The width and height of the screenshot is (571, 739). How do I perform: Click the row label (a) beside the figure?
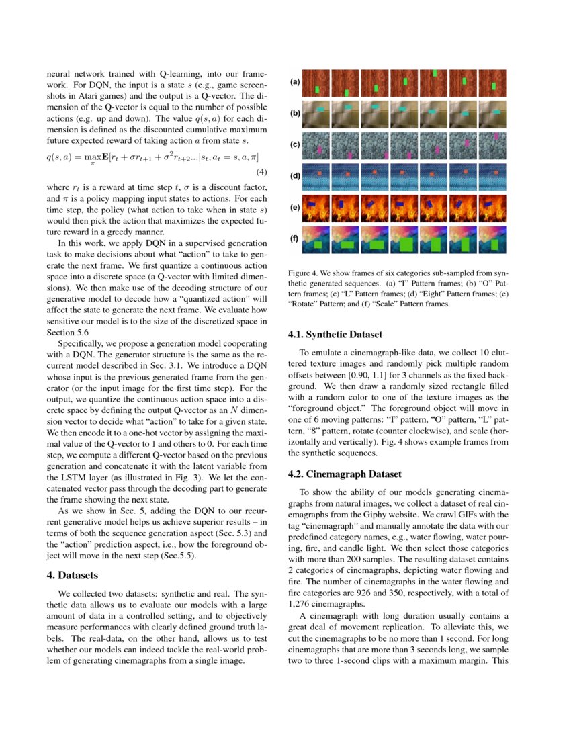click(x=294, y=82)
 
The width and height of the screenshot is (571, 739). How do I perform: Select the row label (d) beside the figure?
click(x=294, y=176)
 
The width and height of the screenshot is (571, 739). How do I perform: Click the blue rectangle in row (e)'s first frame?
click(x=311, y=204)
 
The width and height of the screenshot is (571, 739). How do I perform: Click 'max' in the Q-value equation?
click(x=95, y=156)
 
